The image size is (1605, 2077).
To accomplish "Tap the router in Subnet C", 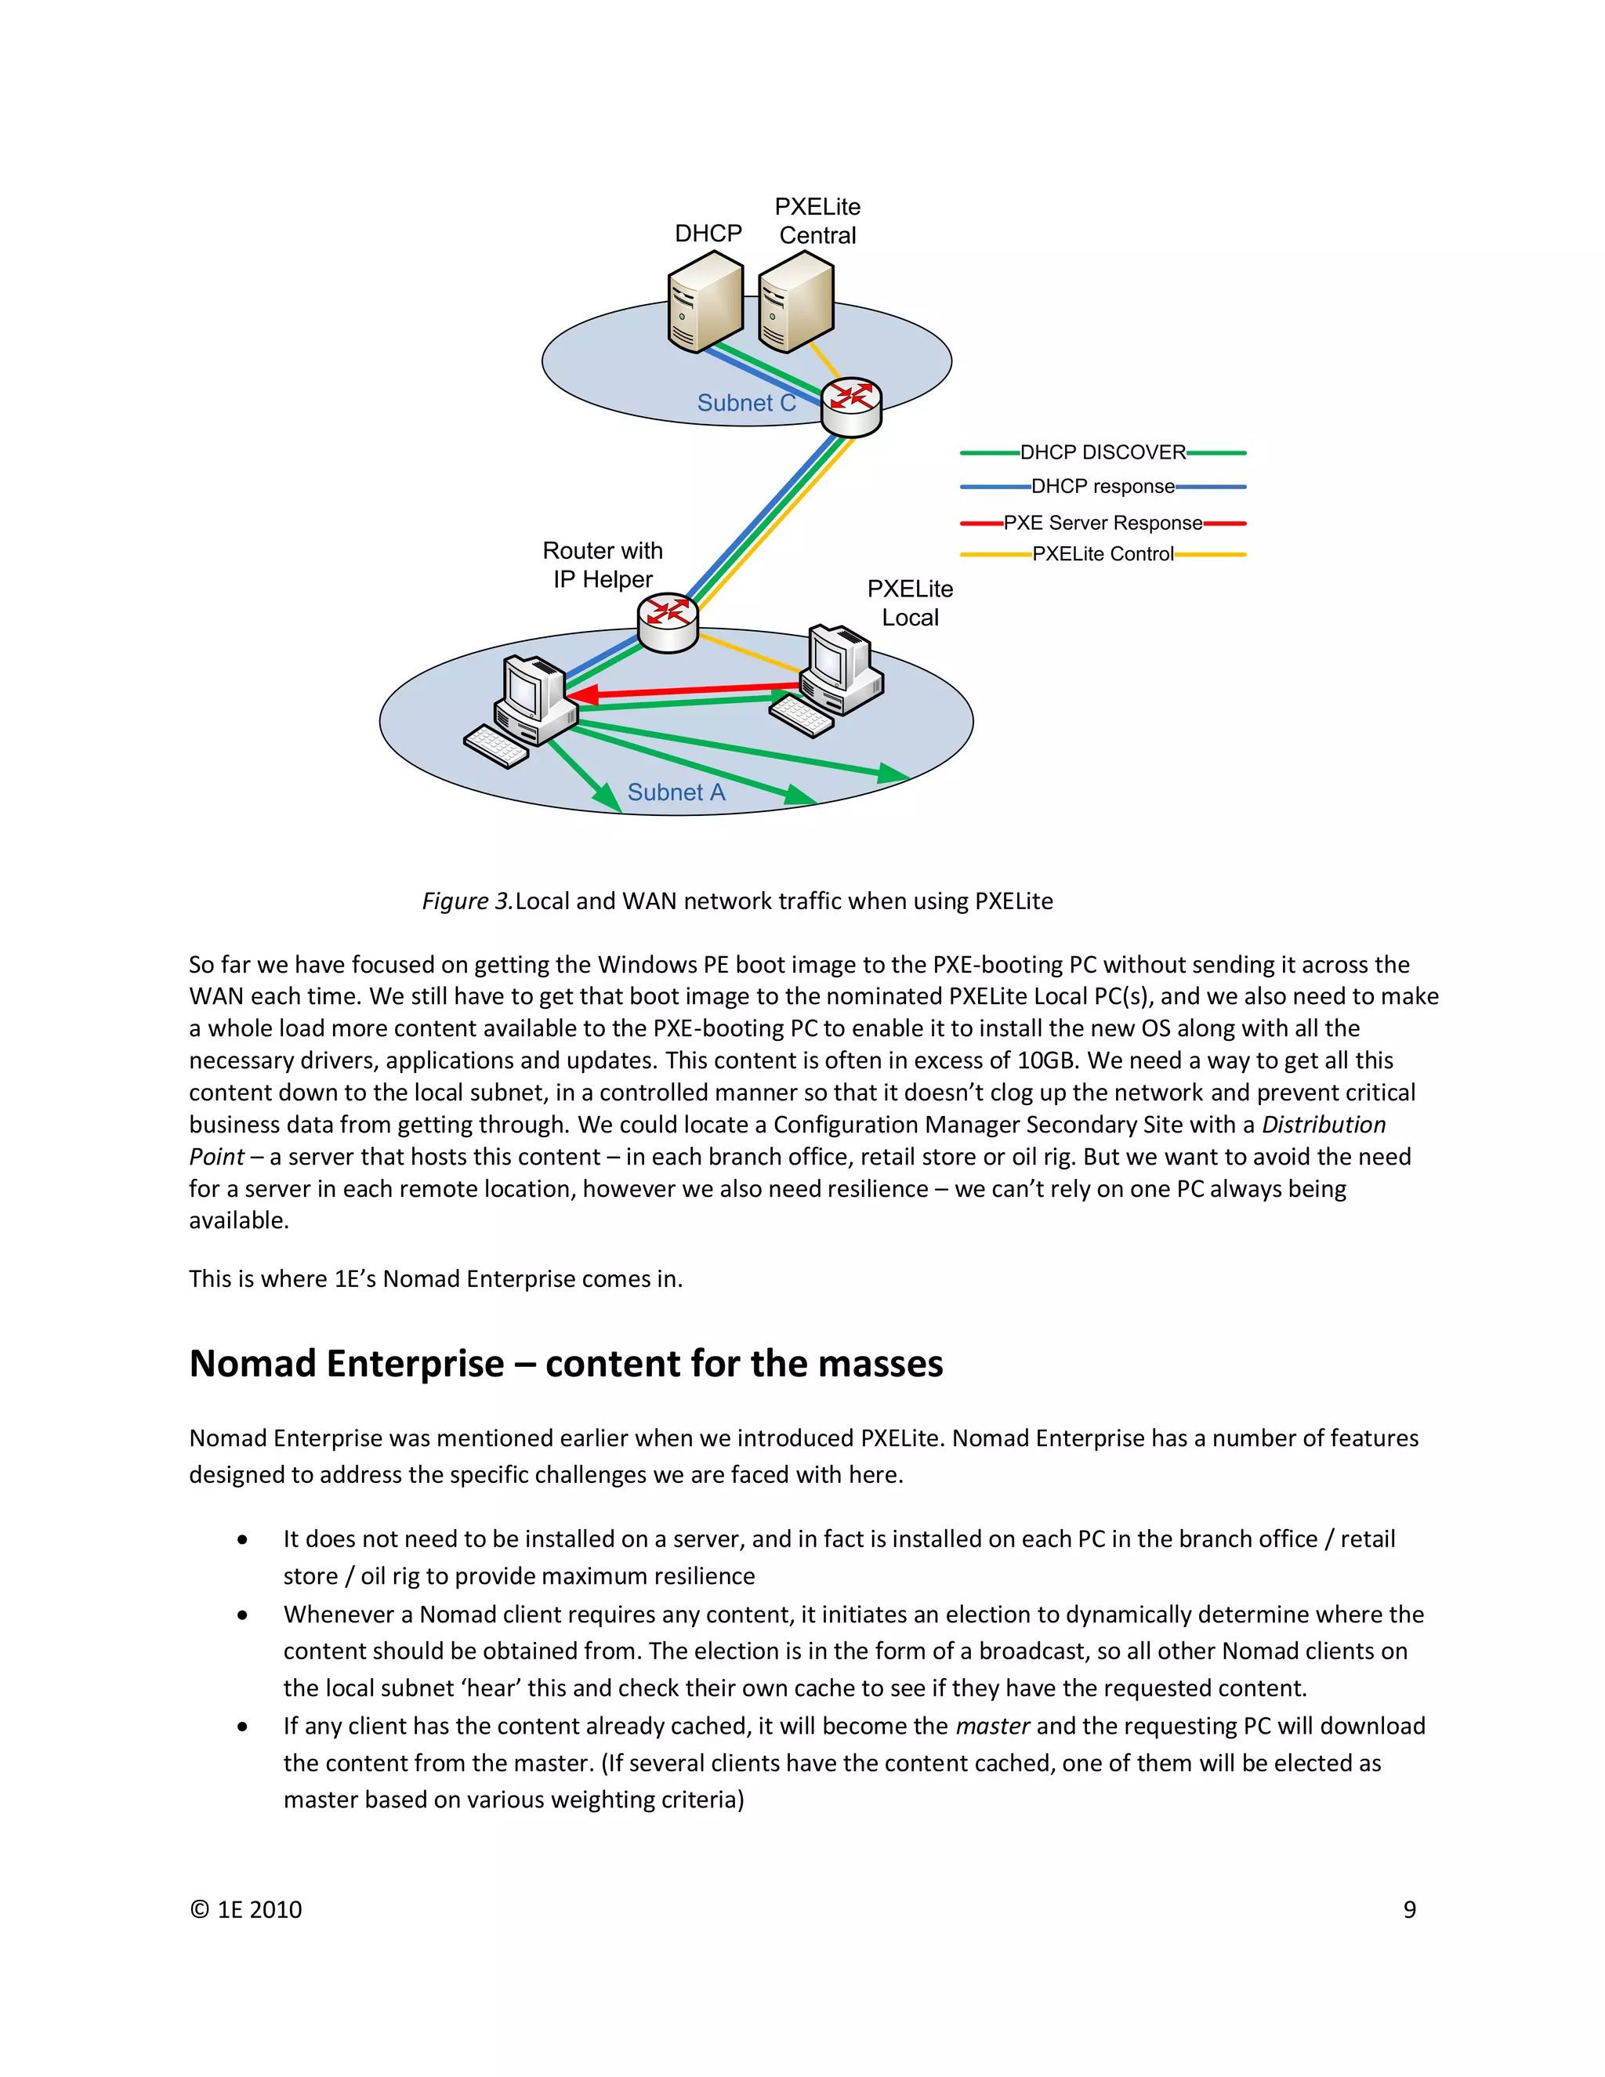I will coord(851,406).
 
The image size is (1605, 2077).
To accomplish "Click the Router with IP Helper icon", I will coord(668,622).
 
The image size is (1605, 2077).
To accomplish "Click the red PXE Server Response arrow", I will coord(685,691).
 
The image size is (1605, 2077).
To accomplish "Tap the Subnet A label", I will coord(676,792).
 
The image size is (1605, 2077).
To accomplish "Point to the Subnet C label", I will coord(746,403).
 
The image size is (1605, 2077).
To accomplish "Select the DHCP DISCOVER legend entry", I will coord(1102,453).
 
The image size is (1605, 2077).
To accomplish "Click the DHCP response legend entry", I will coord(1102,487).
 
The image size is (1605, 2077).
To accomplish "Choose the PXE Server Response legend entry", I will coord(1102,523).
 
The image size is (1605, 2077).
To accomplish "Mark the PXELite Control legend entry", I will coord(1102,554).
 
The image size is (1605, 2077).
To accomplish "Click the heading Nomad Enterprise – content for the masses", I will coord(566,1363).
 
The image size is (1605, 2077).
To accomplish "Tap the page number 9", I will coord(1409,1909).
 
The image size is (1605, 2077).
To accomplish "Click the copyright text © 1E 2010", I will coord(245,1909).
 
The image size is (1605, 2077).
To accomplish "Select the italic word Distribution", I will coord(1323,1124).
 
